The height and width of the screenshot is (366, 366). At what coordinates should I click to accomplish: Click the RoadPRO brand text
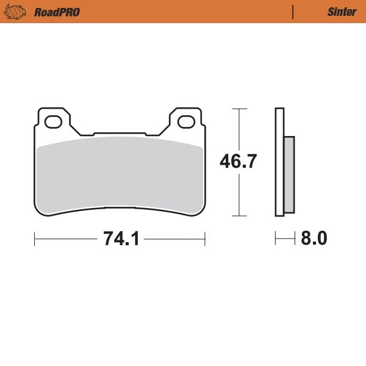[57, 12]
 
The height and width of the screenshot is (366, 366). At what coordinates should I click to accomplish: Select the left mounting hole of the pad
[52, 122]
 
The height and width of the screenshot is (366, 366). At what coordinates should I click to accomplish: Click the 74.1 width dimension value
[122, 239]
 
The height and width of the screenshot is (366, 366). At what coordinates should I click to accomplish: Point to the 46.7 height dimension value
[239, 162]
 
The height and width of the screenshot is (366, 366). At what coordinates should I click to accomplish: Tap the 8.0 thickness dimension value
[314, 239]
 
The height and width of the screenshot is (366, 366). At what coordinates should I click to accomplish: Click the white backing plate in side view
[279, 162]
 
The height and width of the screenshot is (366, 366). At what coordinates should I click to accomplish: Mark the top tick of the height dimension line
[239, 109]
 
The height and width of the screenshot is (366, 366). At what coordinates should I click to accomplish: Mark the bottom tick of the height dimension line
[239, 216]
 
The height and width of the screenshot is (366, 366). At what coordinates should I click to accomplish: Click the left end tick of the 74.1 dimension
[34, 239]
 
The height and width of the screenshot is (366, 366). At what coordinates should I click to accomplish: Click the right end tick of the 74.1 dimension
[204, 239]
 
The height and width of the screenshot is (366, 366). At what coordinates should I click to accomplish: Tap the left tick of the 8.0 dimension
[276, 239]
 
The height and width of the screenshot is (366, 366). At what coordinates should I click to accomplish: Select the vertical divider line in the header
[293, 12]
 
